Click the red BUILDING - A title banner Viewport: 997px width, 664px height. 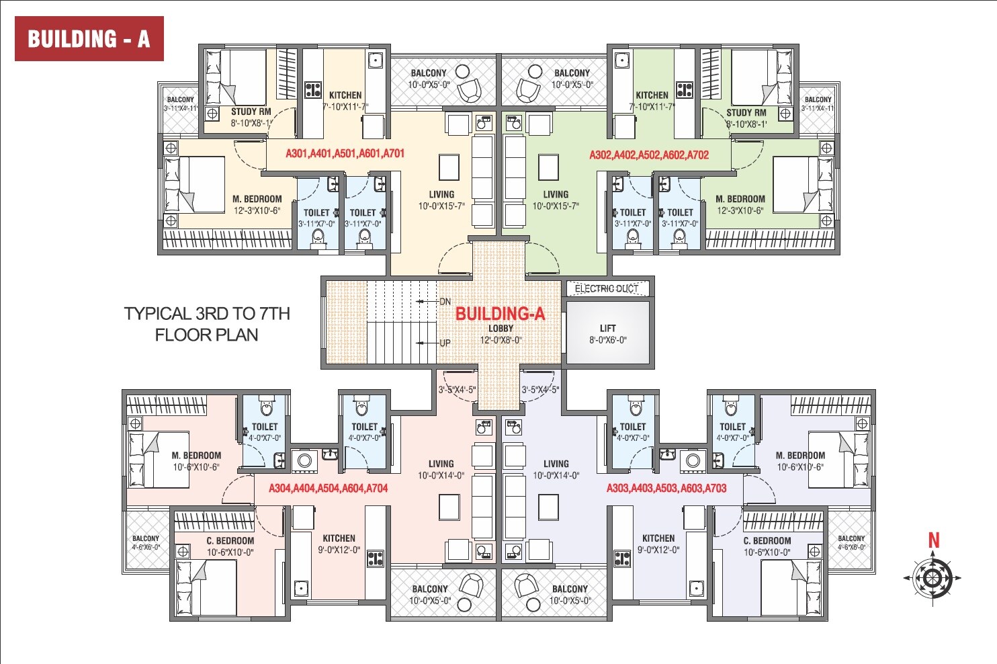[x=89, y=39]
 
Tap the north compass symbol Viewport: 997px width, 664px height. [x=932, y=577]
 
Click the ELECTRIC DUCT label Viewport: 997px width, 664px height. [x=606, y=289]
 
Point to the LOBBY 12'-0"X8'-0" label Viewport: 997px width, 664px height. [x=501, y=334]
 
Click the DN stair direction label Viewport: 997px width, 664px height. [x=445, y=302]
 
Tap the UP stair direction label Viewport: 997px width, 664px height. [x=445, y=343]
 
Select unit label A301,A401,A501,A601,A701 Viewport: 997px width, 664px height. [x=345, y=153]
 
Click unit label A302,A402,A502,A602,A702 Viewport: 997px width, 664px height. [x=649, y=155]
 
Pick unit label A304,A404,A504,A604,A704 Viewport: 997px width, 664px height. [x=329, y=488]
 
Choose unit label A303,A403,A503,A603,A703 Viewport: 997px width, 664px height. [x=666, y=488]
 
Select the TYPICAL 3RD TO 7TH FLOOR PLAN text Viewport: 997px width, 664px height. [x=207, y=324]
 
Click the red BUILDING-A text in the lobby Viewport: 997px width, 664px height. [x=500, y=313]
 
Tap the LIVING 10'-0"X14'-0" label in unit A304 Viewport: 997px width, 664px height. [x=441, y=469]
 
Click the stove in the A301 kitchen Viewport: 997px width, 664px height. [x=313, y=89]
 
